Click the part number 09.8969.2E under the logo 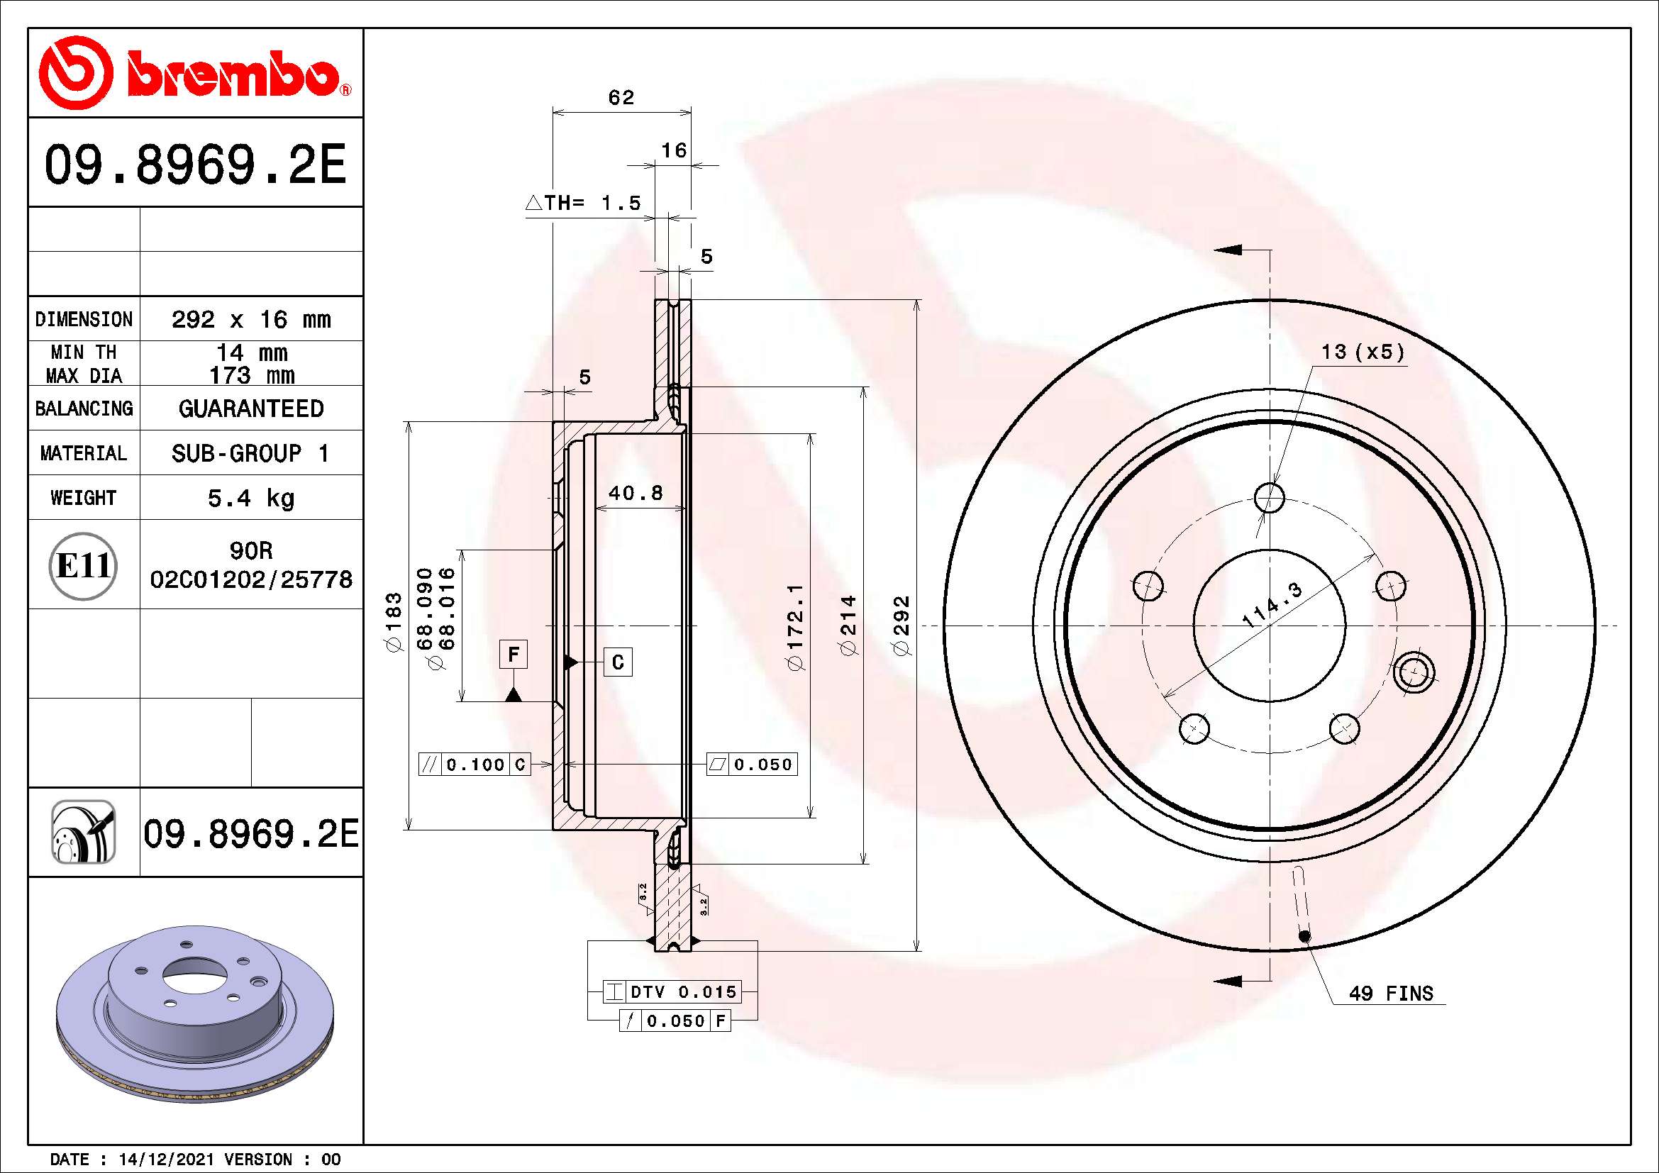[195, 165]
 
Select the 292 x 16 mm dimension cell [250, 319]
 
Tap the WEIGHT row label [83, 498]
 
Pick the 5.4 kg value [250, 498]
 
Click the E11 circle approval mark [83, 565]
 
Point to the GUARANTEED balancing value [250, 408]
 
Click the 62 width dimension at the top [621, 97]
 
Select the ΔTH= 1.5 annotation [583, 203]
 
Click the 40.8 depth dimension [635, 494]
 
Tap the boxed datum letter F [513, 655]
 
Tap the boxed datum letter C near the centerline [618, 662]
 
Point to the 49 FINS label [1390, 994]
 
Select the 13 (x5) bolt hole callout [1362, 352]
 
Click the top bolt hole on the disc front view [1270, 498]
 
